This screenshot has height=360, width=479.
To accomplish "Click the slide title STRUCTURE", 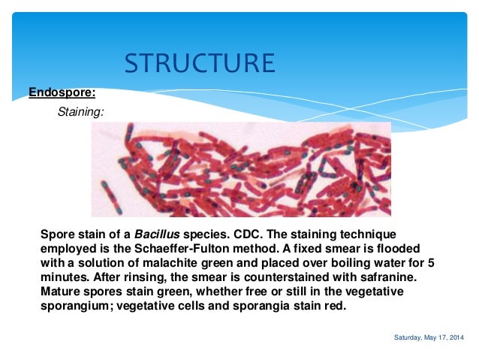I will pyautogui.click(x=199, y=63).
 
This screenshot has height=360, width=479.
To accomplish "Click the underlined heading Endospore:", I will pyautogui.click(x=62, y=93).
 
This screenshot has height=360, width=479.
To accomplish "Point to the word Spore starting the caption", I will pyautogui.click(x=57, y=234).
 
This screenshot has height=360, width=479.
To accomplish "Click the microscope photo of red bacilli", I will pyautogui.click(x=241, y=170).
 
